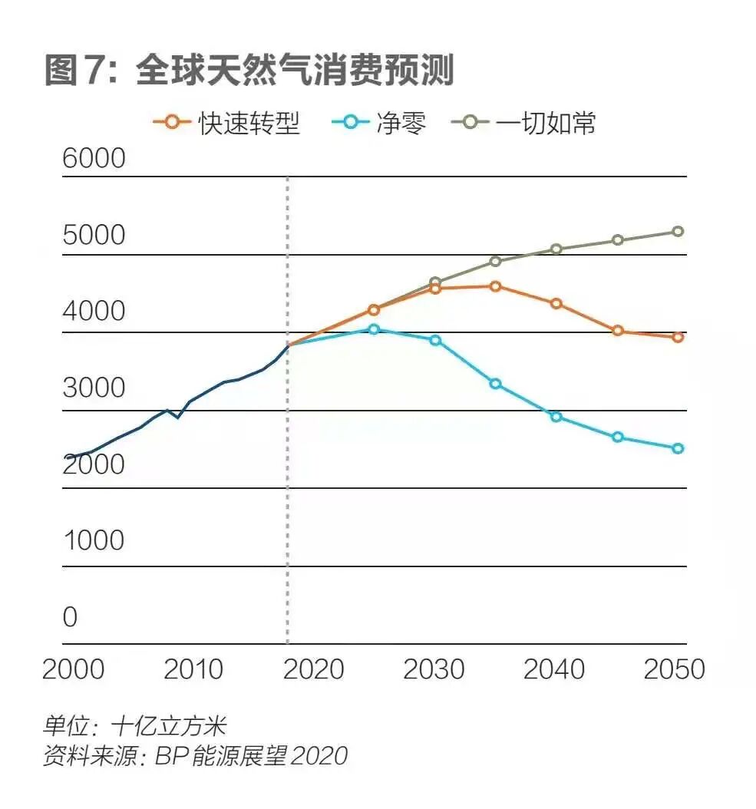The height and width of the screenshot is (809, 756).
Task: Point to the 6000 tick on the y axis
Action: click(93, 159)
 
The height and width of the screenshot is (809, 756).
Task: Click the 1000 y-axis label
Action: click(93, 541)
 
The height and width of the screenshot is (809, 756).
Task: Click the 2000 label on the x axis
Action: click(73, 669)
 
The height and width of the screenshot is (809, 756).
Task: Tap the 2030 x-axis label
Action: click(434, 669)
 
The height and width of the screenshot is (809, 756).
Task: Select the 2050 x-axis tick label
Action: click(674, 669)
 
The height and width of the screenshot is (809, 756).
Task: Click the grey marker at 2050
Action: click(678, 231)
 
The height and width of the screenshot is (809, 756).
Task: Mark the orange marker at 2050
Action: click(678, 337)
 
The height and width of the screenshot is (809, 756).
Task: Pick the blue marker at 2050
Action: click(678, 448)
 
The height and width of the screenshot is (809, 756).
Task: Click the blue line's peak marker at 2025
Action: click(374, 329)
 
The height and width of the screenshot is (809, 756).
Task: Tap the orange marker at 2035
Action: click(496, 286)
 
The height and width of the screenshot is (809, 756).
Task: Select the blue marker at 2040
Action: click(556, 417)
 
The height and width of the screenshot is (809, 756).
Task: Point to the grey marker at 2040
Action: click(556, 249)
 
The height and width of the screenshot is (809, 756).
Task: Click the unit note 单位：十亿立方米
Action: click(134, 725)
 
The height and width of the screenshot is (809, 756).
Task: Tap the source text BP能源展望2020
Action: click(251, 756)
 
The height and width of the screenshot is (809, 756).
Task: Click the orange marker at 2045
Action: click(618, 331)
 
